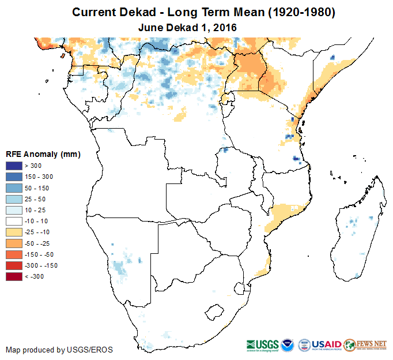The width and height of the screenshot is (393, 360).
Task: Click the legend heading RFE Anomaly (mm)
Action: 43,154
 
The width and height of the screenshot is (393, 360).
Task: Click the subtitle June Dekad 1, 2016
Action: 188,27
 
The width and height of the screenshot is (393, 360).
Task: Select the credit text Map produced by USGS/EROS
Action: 59,350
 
